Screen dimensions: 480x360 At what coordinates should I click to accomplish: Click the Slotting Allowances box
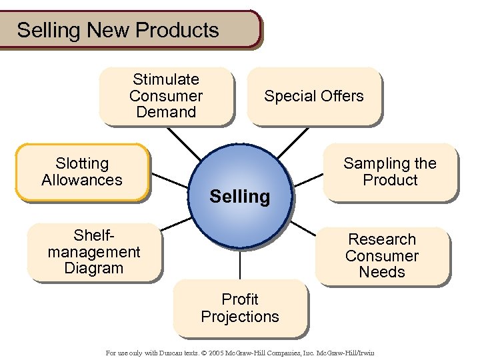(x=82, y=172)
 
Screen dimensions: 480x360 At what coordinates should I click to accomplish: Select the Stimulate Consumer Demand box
(x=166, y=96)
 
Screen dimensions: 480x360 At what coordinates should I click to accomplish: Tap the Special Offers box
(x=314, y=96)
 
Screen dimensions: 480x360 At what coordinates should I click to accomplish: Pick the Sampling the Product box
(x=390, y=172)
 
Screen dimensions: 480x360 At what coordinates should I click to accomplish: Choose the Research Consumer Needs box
(x=382, y=256)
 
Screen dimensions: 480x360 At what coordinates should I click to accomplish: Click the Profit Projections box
(x=240, y=308)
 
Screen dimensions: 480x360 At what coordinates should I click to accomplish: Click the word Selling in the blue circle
(x=240, y=197)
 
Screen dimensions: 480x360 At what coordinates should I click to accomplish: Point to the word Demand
(x=166, y=112)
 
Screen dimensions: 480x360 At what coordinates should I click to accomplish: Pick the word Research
(x=382, y=239)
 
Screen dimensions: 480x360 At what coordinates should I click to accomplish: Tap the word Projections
(x=240, y=317)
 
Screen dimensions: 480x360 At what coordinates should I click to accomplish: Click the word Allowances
(x=82, y=180)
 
